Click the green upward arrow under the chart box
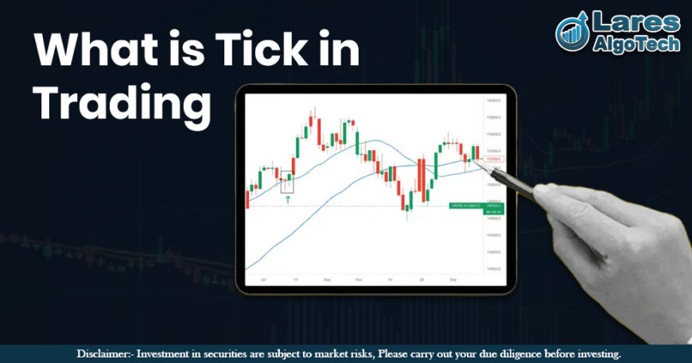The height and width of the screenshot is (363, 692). [x=287, y=200]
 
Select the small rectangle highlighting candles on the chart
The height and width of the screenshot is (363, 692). [x=287, y=181]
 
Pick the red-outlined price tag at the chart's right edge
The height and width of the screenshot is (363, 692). [x=495, y=159]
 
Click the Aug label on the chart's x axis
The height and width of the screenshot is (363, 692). [x=327, y=280]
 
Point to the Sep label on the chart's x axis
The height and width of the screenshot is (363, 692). [x=452, y=280]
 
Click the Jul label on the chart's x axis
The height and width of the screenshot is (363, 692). [x=262, y=280]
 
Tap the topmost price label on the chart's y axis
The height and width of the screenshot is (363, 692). [x=493, y=101]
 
